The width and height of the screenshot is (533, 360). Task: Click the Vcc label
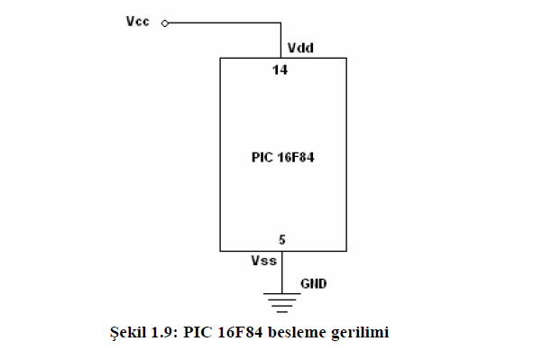click(138, 22)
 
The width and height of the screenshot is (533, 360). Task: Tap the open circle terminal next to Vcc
click(165, 23)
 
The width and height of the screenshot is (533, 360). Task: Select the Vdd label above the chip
click(300, 48)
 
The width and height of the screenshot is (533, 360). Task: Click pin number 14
click(280, 70)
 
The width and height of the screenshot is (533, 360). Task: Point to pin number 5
click(282, 240)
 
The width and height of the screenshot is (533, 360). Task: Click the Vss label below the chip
click(264, 261)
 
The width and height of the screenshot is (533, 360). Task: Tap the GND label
click(314, 283)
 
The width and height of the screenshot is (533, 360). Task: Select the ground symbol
click(281, 302)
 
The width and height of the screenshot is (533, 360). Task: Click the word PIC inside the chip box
click(262, 157)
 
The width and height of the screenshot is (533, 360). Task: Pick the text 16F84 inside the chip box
click(296, 157)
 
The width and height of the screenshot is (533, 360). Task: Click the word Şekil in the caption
click(128, 332)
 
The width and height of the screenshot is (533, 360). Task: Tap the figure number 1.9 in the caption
click(164, 332)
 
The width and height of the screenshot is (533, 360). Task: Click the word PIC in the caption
click(198, 332)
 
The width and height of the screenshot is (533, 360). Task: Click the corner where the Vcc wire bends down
click(280, 23)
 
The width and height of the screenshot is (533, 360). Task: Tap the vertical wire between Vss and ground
click(281, 272)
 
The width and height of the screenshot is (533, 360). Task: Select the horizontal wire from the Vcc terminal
click(225, 23)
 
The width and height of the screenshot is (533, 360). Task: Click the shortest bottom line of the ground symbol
click(281, 311)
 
